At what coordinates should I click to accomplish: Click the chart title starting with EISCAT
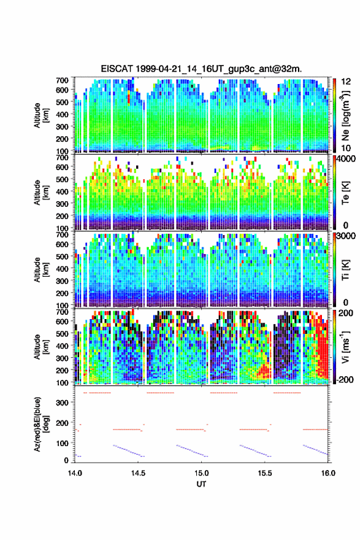click(201, 69)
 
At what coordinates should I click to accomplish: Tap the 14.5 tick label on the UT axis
click(138, 473)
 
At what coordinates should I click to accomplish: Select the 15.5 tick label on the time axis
click(265, 473)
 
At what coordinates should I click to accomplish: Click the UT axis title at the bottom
click(201, 484)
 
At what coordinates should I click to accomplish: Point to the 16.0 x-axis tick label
click(328, 473)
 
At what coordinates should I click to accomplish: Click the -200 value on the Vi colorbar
click(344, 379)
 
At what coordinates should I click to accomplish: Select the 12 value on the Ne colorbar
click(345, 82)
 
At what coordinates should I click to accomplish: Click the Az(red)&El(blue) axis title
click(40, 424)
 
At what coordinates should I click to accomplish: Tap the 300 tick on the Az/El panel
click(63, 403)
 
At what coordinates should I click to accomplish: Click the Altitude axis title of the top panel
click(40, 115)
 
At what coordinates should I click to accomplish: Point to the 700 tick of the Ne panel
click(63, 80)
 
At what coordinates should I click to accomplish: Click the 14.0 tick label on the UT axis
click(75, 473)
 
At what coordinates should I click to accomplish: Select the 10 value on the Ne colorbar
click(345, 148)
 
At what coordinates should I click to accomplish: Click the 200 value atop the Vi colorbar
click(345, 313)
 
